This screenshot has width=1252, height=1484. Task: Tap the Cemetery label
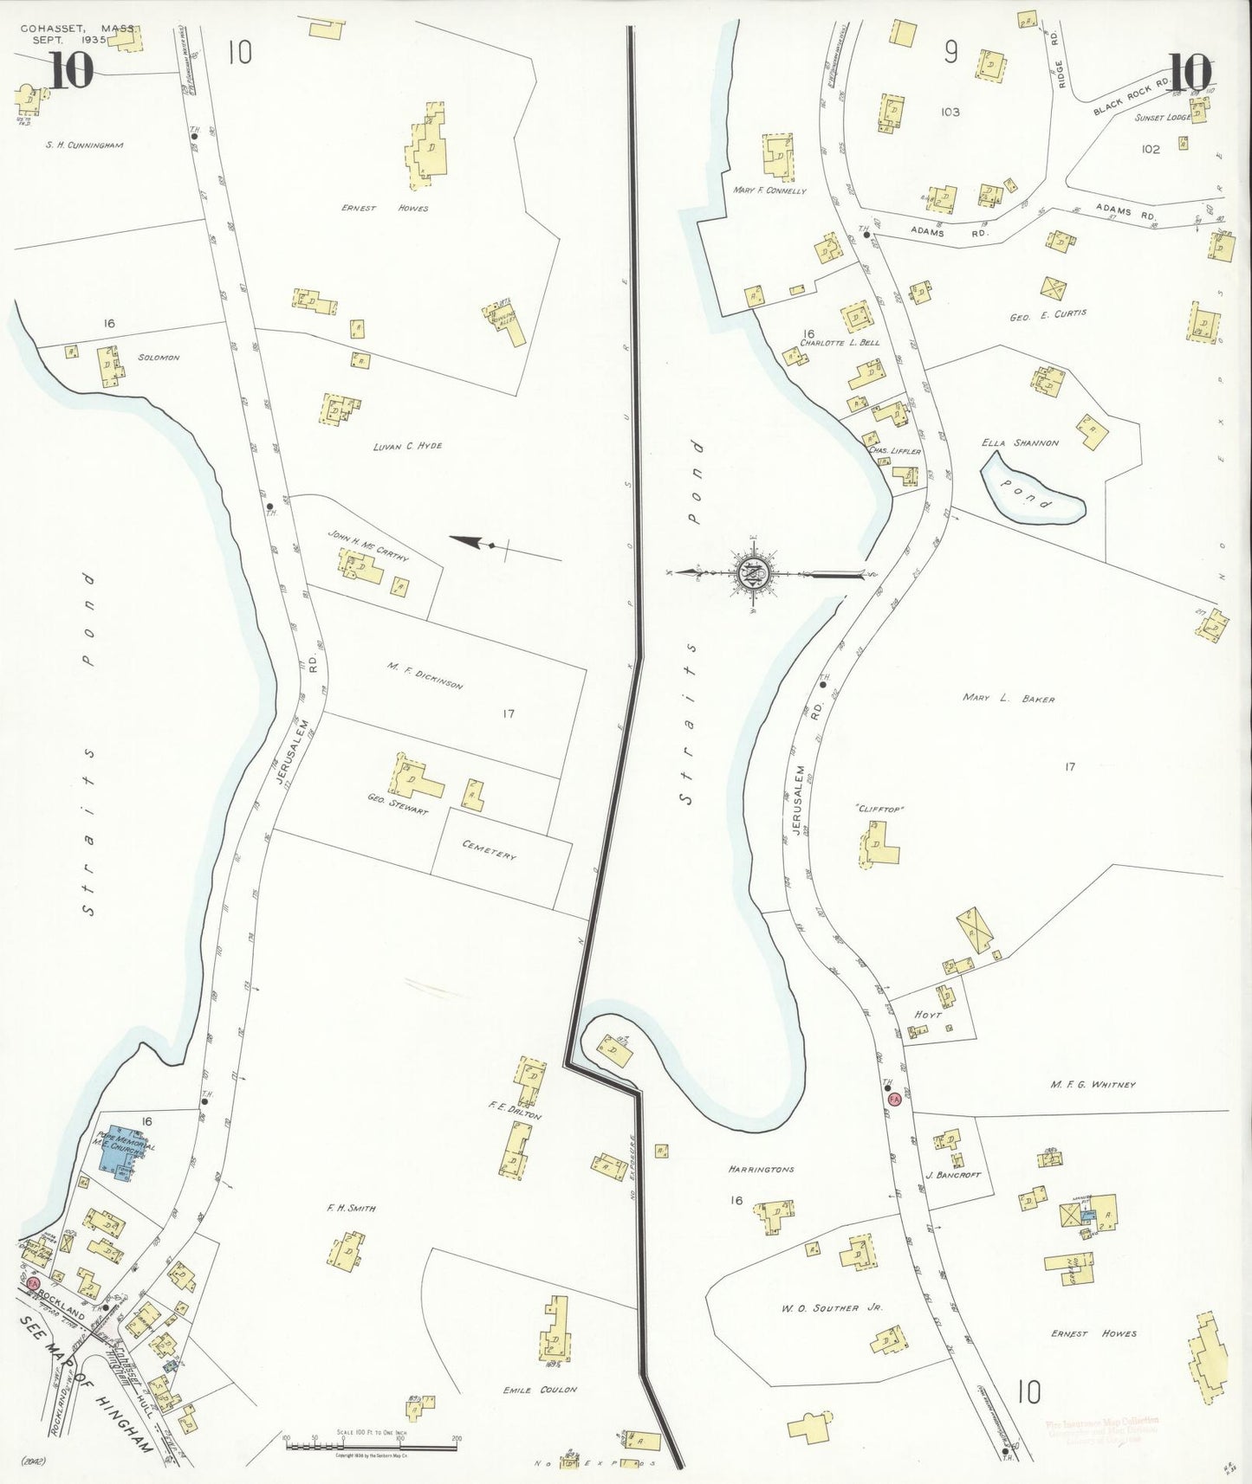(489, 849)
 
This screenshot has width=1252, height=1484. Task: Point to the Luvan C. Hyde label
(407, 446)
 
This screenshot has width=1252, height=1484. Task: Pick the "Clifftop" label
(880, 809)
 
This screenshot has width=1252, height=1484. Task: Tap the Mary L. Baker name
(1009, 698)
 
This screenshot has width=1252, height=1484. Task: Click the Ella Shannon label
(1020, 442)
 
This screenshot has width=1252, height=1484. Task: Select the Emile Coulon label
(540, 1390)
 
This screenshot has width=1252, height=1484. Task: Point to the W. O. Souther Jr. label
(832, 1307)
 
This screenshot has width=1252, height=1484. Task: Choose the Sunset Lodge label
(1162, 117)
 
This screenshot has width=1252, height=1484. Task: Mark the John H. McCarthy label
(367, 546)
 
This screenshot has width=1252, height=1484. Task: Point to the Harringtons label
(761, 1169)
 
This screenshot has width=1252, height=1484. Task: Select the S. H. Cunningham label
(85, 145)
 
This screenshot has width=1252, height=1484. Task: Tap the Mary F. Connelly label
(769, 190)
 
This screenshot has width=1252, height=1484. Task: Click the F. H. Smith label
(351, 1208)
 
